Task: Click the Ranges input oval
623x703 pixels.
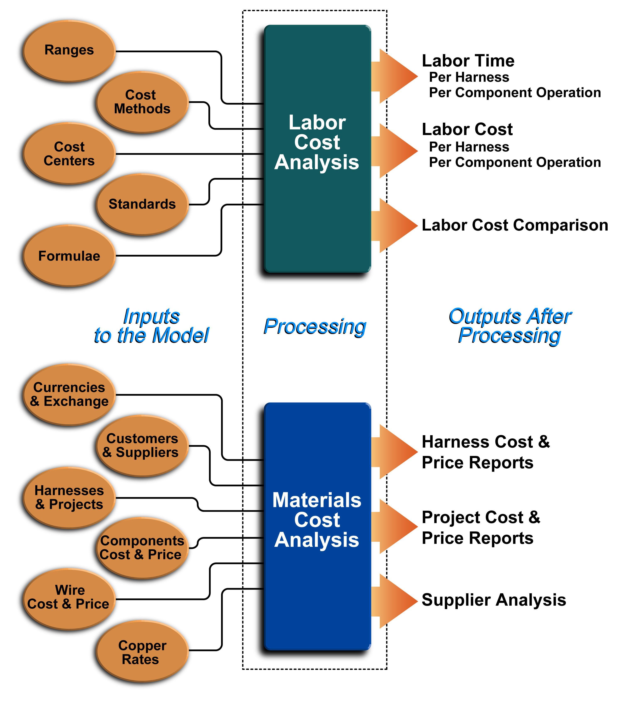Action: pos(69,51)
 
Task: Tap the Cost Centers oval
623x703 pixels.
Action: pos(69,154)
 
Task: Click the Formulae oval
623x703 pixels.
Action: pos(69,256)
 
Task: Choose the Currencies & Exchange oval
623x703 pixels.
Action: pos(69,395)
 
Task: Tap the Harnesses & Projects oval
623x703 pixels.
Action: pos(69,497)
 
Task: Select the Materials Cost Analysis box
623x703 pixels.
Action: pos(317,526)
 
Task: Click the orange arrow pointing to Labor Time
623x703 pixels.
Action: pos(394,76)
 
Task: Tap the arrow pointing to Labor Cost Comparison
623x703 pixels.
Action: pos(394,225)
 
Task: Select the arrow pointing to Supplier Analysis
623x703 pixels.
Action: pos(394,600)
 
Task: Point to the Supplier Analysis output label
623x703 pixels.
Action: pos(494,600)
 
